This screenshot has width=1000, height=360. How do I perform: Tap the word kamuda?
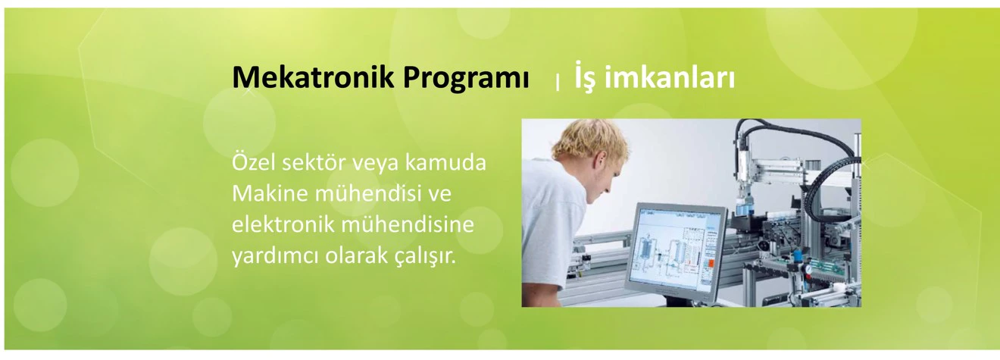445,163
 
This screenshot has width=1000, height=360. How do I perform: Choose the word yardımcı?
276,257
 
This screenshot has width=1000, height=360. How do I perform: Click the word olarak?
356,255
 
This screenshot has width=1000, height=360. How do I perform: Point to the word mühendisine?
407,224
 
